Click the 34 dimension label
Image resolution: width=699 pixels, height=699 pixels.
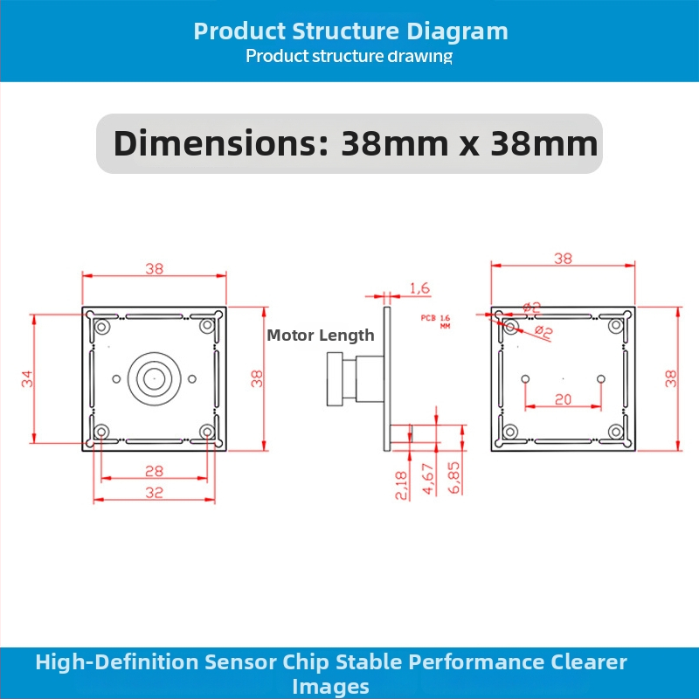(27, 379)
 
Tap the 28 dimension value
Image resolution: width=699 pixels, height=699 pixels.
(155, 471)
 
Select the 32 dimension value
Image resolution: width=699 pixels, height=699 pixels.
(155, 492)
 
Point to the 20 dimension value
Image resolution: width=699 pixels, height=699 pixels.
(563, 399)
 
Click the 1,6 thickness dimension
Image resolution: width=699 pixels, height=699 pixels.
(419, 288)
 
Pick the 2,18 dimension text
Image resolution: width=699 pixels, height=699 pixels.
(401, 485)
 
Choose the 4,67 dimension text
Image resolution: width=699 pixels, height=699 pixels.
(428, 479)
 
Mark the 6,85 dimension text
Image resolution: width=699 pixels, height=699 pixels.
(453, 477)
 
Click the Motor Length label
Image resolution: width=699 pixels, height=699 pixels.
(320, 336)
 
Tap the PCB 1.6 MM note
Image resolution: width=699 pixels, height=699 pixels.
(435, 322)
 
